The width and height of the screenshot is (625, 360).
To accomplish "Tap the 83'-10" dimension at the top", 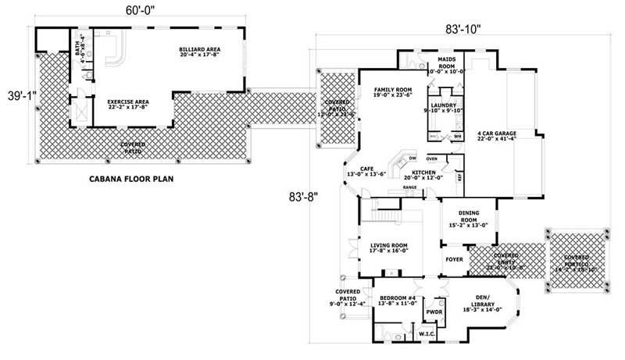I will pyautogui.click(x=459, y=28).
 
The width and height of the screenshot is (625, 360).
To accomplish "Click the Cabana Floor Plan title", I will pyautogui.click(x=130, y=179).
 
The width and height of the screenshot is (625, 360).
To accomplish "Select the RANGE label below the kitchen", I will pyautogui.click(x=409, y=188).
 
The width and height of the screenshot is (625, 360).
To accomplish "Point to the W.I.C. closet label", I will pyautogui.click(x=427, y=335).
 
